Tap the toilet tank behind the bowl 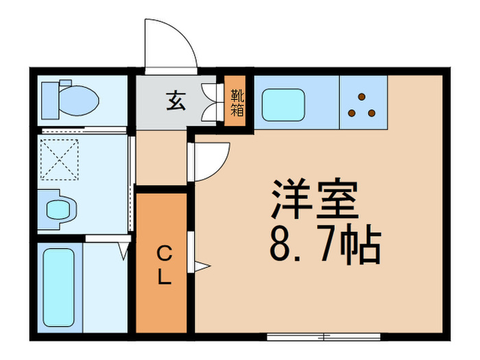click(x=51, y=100)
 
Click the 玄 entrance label click(x=174, y=102)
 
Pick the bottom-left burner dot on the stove click(x=352, y=112)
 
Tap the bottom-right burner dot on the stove click(x=371, y=112)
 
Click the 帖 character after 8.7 click(x=359, y=245)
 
